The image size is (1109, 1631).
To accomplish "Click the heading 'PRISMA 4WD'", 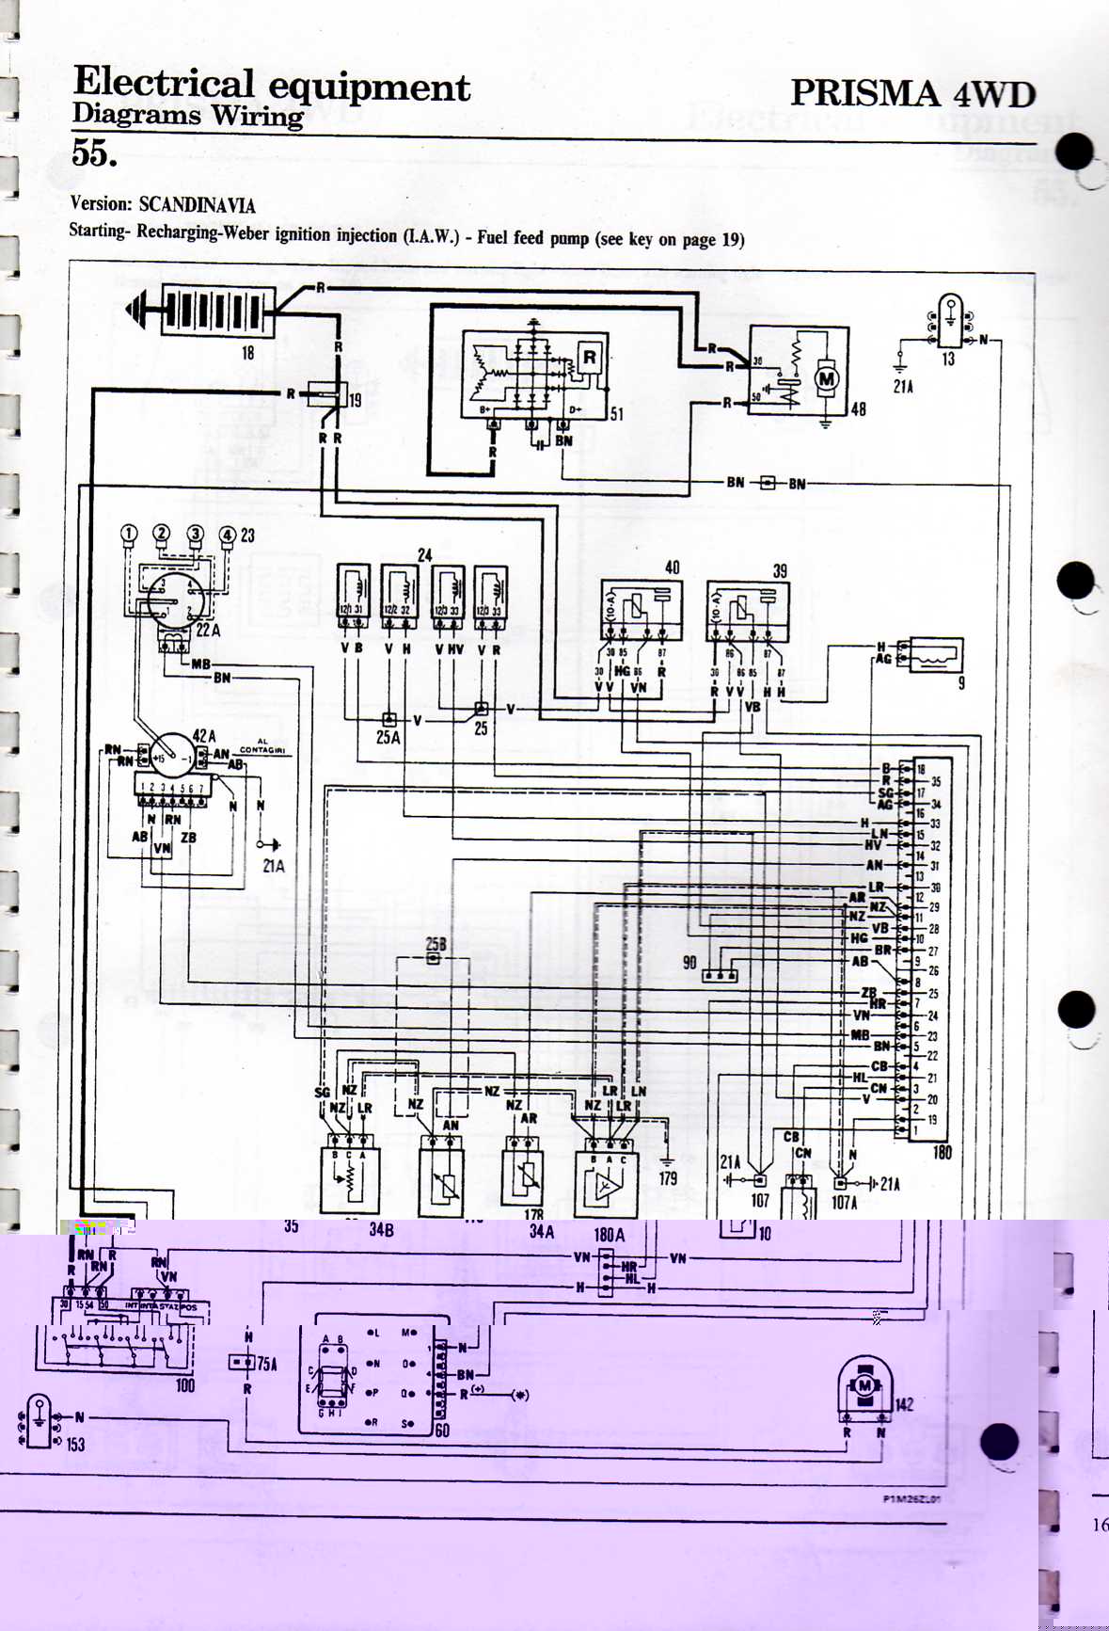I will pos(912,93).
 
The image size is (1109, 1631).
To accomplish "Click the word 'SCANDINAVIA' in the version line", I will pos(197,205).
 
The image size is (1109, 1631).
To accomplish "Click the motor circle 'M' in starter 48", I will pos(827,379).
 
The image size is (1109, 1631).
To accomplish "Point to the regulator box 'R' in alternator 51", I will pos(590,358).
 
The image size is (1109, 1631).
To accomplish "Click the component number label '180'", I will pos(942,1152).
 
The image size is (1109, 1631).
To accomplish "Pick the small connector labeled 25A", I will pos(389,719).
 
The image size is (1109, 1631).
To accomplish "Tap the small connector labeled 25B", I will pos(434,958).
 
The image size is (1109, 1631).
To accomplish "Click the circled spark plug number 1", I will pos(129,535).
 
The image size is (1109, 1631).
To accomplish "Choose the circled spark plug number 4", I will pos(227,535).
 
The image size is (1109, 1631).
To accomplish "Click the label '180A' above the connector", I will pos(609,1234).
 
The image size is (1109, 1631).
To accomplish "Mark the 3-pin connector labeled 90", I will pos(721,975).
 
